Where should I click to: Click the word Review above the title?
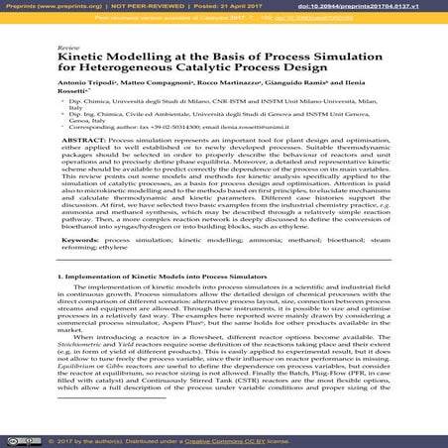pyautogui.click(x=68, y=48)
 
